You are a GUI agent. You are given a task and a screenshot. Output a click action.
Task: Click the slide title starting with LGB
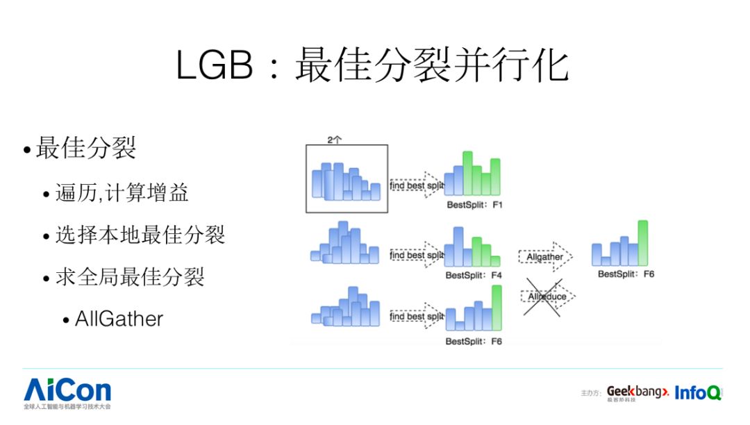pyautogui.click(x=373, y=67)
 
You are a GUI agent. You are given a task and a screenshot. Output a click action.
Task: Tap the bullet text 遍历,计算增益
pyautogui.click(x=122, y=192)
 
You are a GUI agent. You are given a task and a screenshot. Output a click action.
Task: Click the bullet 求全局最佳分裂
pyautogui.click(x=130, y=277)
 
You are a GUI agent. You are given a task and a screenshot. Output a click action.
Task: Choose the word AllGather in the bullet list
pyautogui.click(x=119, y=319)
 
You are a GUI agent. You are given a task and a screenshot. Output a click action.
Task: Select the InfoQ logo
pyautogui.click(x=697, y=392)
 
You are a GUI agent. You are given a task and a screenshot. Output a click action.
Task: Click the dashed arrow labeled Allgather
pyautogui.click(x=546, y=257)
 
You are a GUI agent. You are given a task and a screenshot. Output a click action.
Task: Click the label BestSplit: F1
pyautogui.click(x=474, y=206)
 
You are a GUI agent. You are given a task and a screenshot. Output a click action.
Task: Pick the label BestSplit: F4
pyautogui.click(x=474, y=275)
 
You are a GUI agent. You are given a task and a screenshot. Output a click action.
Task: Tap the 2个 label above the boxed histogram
pyautogui.click(x=335, y=140)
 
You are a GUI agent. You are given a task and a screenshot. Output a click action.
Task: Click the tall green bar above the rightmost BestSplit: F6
pyautogui.click(x=642, y=242)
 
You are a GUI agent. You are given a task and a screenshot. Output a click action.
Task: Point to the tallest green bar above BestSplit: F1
pyautogui.click(x=467, y=173)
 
